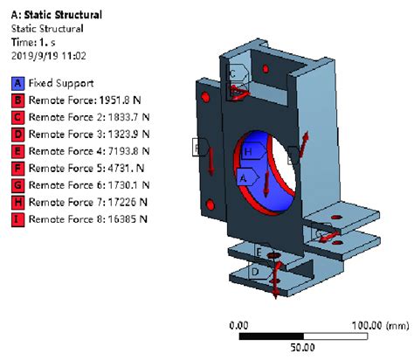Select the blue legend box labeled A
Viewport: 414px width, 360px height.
pos(17,85)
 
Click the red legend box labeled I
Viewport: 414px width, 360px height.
pos(17,218)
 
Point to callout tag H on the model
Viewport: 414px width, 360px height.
pos(249,152)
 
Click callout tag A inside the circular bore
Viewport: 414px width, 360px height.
pos(244,176)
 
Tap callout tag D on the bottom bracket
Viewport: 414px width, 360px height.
pos(254,272)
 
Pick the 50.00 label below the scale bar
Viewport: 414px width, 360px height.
pos(302,347)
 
